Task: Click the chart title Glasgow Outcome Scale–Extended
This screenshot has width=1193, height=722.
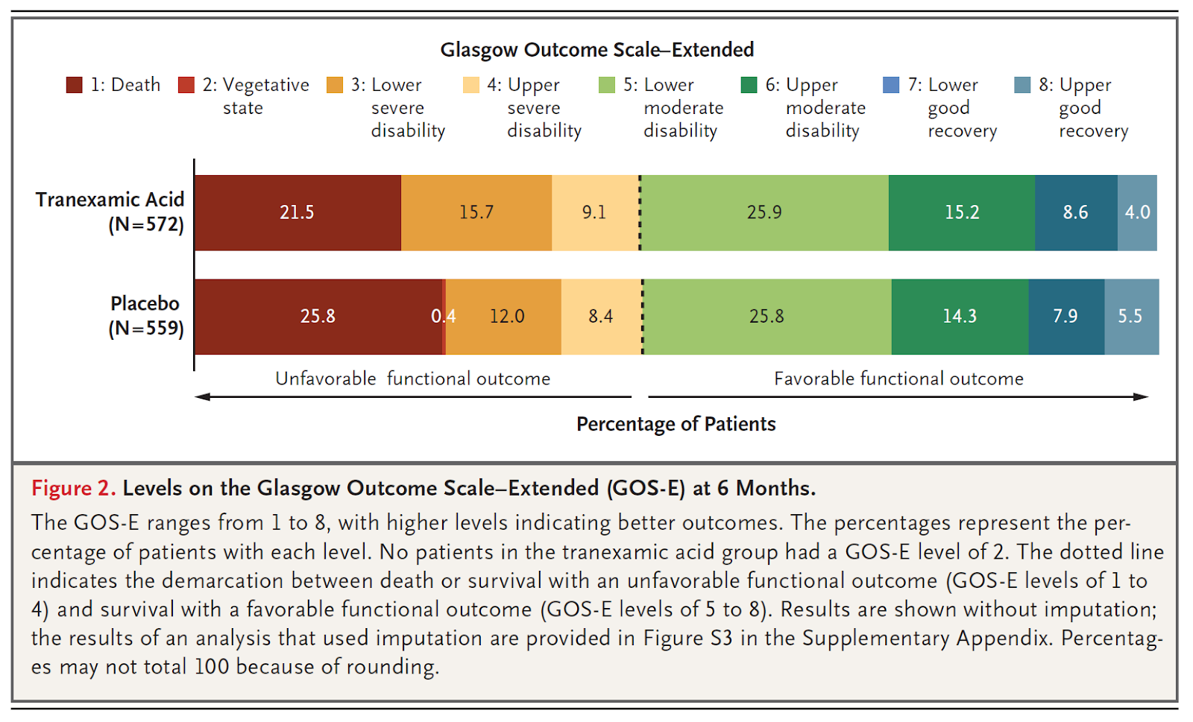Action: [x=596, y=50]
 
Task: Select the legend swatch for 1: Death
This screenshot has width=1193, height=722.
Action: [x=74, y=85]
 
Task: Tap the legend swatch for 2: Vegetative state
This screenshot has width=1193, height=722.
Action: [x=186, y=85]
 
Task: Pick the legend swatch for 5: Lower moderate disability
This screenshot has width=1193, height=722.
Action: [x=607, y=85]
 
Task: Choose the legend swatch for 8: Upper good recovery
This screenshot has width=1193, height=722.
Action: [x=1022, y=85]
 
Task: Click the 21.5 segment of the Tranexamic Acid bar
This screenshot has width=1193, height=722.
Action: [x=297, y=212]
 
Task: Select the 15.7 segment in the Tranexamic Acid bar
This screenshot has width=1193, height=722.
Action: [x=476, y=212]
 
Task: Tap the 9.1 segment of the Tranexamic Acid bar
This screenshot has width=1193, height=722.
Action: [x=594, y=212]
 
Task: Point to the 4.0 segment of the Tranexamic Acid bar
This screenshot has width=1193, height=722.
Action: [x=1137, y=212]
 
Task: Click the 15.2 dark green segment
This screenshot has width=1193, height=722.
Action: [x=961, y=212]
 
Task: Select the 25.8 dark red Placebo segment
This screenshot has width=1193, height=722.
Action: [x=318, y=317]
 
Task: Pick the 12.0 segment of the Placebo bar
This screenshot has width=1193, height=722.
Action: [x=507, y=317]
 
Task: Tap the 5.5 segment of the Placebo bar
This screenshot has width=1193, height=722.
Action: [x=1130, y=317]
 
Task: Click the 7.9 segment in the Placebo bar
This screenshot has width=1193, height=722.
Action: [x=1065, y=317]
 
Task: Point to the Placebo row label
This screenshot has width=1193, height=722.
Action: [x=145, y=315]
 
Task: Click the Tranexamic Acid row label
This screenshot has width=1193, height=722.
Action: [x=110, y=212]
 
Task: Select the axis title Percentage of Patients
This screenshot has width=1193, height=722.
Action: [x=676, y=424]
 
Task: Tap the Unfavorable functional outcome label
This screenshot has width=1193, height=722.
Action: [x=412, y=379]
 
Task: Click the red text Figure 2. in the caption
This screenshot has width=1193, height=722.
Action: [x=73, y=488]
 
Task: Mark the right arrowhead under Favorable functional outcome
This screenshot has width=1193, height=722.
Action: [x=1142, y=396]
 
